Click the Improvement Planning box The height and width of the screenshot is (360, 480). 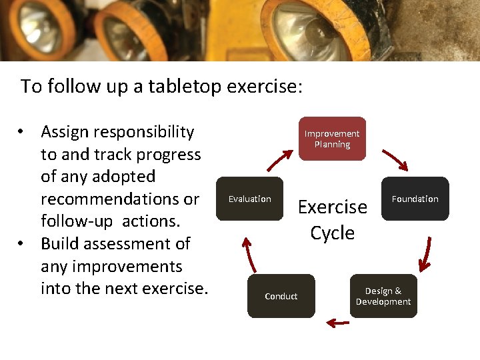pyautogui.click(x=332, y=139)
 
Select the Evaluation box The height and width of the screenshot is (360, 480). pyautogui.click(x=250, y=199)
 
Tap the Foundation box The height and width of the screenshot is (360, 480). pyautogui.click(x=415, y=199)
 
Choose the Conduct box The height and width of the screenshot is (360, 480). pyautogui.click(x=281, y=296)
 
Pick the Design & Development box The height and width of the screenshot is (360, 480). pyautogui.click(x=383, y=296)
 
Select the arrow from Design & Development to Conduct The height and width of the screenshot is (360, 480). pyautogui.click(x=338, y=323)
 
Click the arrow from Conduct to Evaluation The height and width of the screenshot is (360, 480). pyautogui.click(x=249, y=253)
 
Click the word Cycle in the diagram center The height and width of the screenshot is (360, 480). pyautogui.click(x=332, y=233)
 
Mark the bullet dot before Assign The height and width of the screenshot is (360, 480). pyautogui.click(x=23, y=132)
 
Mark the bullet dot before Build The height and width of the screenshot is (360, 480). pyautogui.click(x=23, y=244)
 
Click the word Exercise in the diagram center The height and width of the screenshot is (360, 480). pyautogui.click(x=332, y=207)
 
